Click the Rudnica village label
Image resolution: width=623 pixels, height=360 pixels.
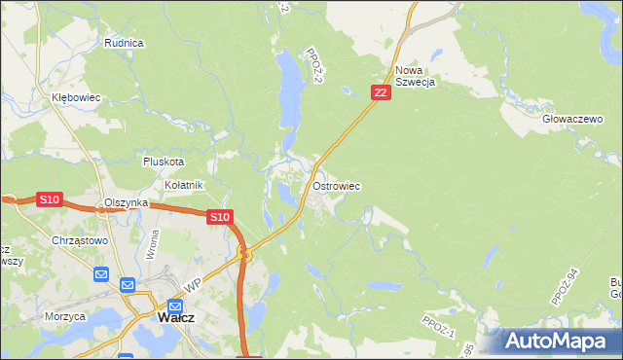(x=124, y=43)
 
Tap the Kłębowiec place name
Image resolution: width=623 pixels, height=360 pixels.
(x=77, y=98)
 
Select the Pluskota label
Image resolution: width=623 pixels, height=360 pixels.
(x=163, y=162)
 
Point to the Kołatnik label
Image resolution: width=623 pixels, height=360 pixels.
(x=182, y=185)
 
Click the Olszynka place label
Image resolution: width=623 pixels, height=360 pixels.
(x=126, y=202)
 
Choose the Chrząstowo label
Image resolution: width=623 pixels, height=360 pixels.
(x=81, y=239)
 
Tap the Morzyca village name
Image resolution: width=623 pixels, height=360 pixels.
(x=65, y=316)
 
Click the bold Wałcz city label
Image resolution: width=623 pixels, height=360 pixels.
(x=180, y=317)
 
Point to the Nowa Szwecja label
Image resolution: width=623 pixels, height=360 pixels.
(x=414, y=76)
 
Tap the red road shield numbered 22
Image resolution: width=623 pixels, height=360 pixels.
(x=381, y=92)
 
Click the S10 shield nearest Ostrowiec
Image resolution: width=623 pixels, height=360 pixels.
(x=220, y=218)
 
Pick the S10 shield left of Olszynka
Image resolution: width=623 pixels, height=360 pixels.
(x=50, y=199)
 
